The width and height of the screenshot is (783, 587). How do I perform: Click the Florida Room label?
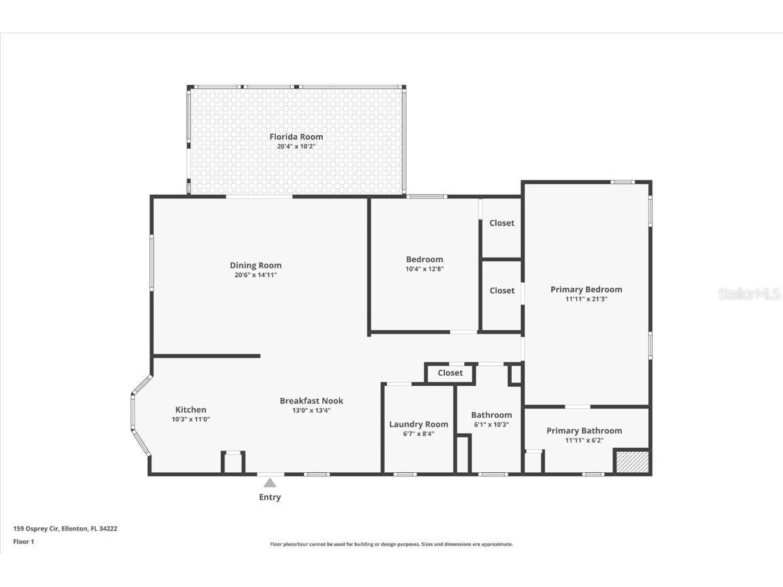coord(296,137)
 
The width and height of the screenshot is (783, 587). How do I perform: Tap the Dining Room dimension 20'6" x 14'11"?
coord(256,275)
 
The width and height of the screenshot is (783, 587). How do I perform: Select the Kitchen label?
coord(190,410)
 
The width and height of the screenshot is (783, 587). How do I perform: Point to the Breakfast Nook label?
coord(311,401)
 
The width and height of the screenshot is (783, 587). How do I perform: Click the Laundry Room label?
coord(419,424)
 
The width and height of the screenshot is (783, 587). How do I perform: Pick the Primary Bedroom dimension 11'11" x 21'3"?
coord(586,299)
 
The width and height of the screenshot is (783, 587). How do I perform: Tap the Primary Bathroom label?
coord(584,431)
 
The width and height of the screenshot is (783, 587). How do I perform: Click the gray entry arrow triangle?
coord(270,483)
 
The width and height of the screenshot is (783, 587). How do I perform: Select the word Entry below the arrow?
coord(270,497)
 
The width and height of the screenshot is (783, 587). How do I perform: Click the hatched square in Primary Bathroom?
coord(631,461)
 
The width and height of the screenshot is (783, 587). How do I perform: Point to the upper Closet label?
coord(502,223)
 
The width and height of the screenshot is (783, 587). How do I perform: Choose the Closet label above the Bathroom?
coord(450,373)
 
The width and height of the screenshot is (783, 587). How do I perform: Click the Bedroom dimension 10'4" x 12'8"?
coord(424,269)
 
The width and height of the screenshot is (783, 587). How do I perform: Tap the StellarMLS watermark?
coord(748,294)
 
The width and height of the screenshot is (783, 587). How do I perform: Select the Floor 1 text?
coord(23,541)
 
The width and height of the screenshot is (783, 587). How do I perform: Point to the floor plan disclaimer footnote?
coord(391,544)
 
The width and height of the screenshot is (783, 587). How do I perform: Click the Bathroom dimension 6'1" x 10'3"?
coord(491,425)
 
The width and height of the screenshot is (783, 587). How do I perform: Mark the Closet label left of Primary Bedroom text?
coord(502,290)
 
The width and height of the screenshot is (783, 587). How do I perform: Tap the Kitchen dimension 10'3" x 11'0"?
coord(190,420)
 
